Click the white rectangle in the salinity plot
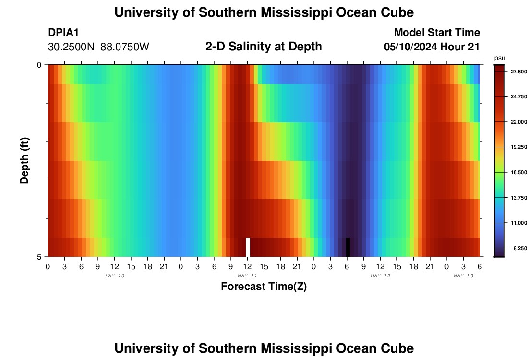tap(248, 247)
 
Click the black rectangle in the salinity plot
tap(348, 247)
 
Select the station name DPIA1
tap(63, 33)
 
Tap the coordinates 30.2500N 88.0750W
tap(98, 47)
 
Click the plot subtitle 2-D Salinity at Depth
tap(264, 47)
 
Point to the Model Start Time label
tap(437, 33)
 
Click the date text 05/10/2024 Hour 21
tap(432, 47)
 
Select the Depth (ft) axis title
tap(25, 160)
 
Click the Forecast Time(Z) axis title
tap(264, 287)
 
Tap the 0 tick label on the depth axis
tap(39, 65)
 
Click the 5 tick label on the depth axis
tap(39, 257)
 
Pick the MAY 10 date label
tap(114, 276)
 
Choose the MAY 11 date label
tap(247, 276)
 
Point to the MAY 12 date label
tap(380, 276)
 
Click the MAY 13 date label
tap(464, 276)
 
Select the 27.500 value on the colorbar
tap(513, 72)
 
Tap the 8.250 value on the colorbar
tap(513, 248)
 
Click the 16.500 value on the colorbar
tap(513, 172)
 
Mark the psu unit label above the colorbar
tap(500, 58)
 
